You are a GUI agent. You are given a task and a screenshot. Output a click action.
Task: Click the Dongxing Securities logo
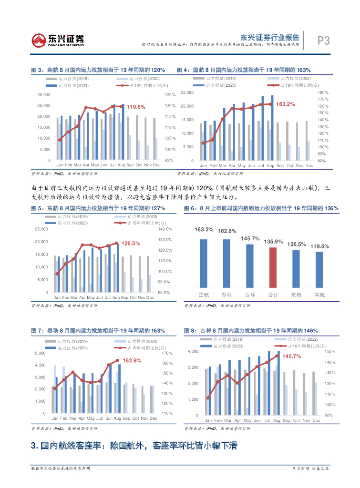click(58, 40)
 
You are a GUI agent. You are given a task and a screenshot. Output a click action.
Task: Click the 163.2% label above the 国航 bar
click(204, 230)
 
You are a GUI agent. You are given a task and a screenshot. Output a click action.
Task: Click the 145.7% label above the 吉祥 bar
click(250, 238)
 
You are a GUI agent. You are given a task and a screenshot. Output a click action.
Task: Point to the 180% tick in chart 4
click(323, 92)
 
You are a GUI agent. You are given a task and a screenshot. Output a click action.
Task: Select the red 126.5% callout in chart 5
click(131, 243)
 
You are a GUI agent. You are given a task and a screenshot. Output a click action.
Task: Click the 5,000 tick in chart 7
click(40, 353)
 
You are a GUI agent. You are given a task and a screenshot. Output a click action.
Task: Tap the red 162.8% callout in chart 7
click(132, 360)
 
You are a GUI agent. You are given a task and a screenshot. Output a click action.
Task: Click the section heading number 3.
click(33, 446)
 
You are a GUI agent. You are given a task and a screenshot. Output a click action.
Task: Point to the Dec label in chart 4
click(309, 165)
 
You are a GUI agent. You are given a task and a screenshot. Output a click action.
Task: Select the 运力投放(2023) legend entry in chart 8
click(226, 345)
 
